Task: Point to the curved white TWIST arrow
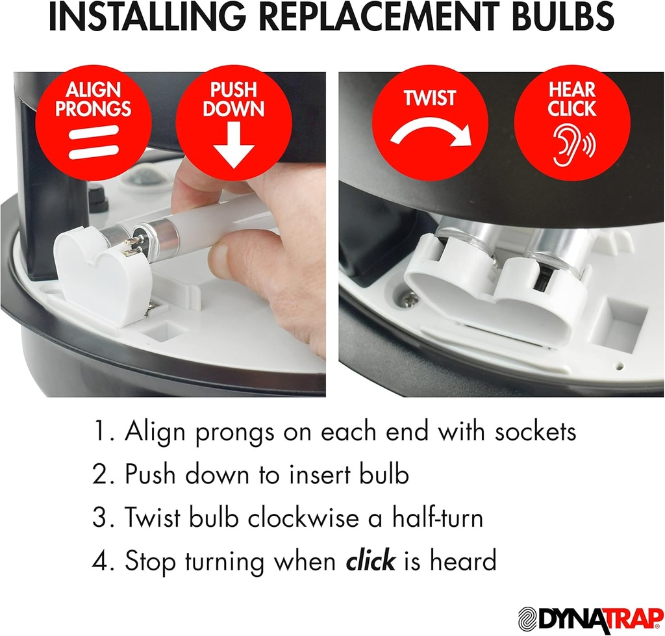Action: click(431, 134)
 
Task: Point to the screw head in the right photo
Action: click(410, 298)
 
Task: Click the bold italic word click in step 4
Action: click(370, 559)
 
